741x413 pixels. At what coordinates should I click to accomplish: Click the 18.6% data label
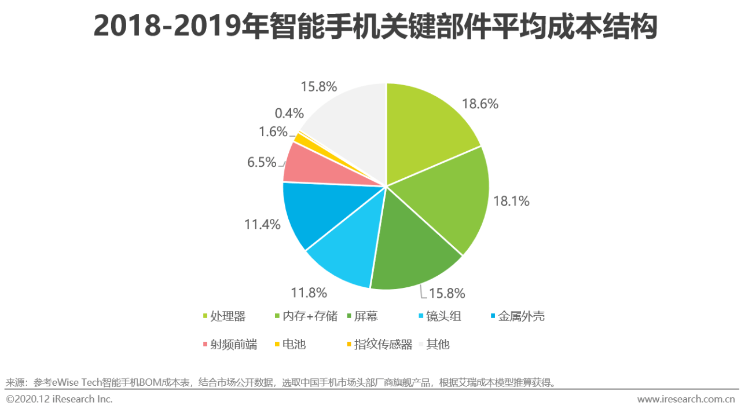click(480, 104)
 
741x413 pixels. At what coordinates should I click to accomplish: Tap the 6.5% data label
click(262, 162)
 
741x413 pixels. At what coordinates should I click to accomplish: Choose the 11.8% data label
click(309, 293)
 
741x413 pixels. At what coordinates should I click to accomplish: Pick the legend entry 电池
click(294, 344)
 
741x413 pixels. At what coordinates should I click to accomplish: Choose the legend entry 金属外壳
click(521, 316)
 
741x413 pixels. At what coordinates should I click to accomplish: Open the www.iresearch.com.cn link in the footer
click(686, 399)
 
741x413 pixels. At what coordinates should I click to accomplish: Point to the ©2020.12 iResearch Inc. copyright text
click(59, 399)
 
